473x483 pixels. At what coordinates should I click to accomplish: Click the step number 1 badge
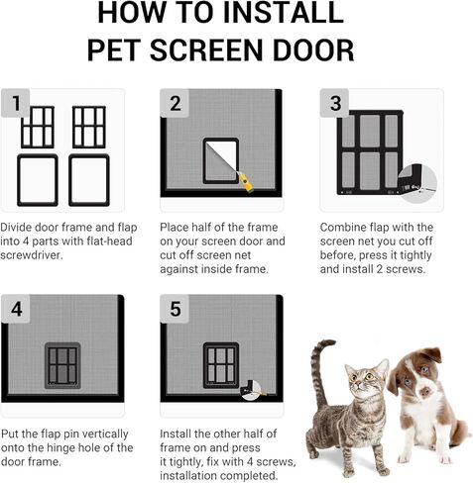15,103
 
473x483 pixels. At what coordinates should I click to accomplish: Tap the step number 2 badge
176,103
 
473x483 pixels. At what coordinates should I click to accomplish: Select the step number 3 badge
335,103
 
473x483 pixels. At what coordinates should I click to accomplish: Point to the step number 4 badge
15,309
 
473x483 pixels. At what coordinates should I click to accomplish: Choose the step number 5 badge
176,309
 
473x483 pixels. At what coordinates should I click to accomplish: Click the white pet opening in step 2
221,160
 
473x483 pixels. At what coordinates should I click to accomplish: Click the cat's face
365,381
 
